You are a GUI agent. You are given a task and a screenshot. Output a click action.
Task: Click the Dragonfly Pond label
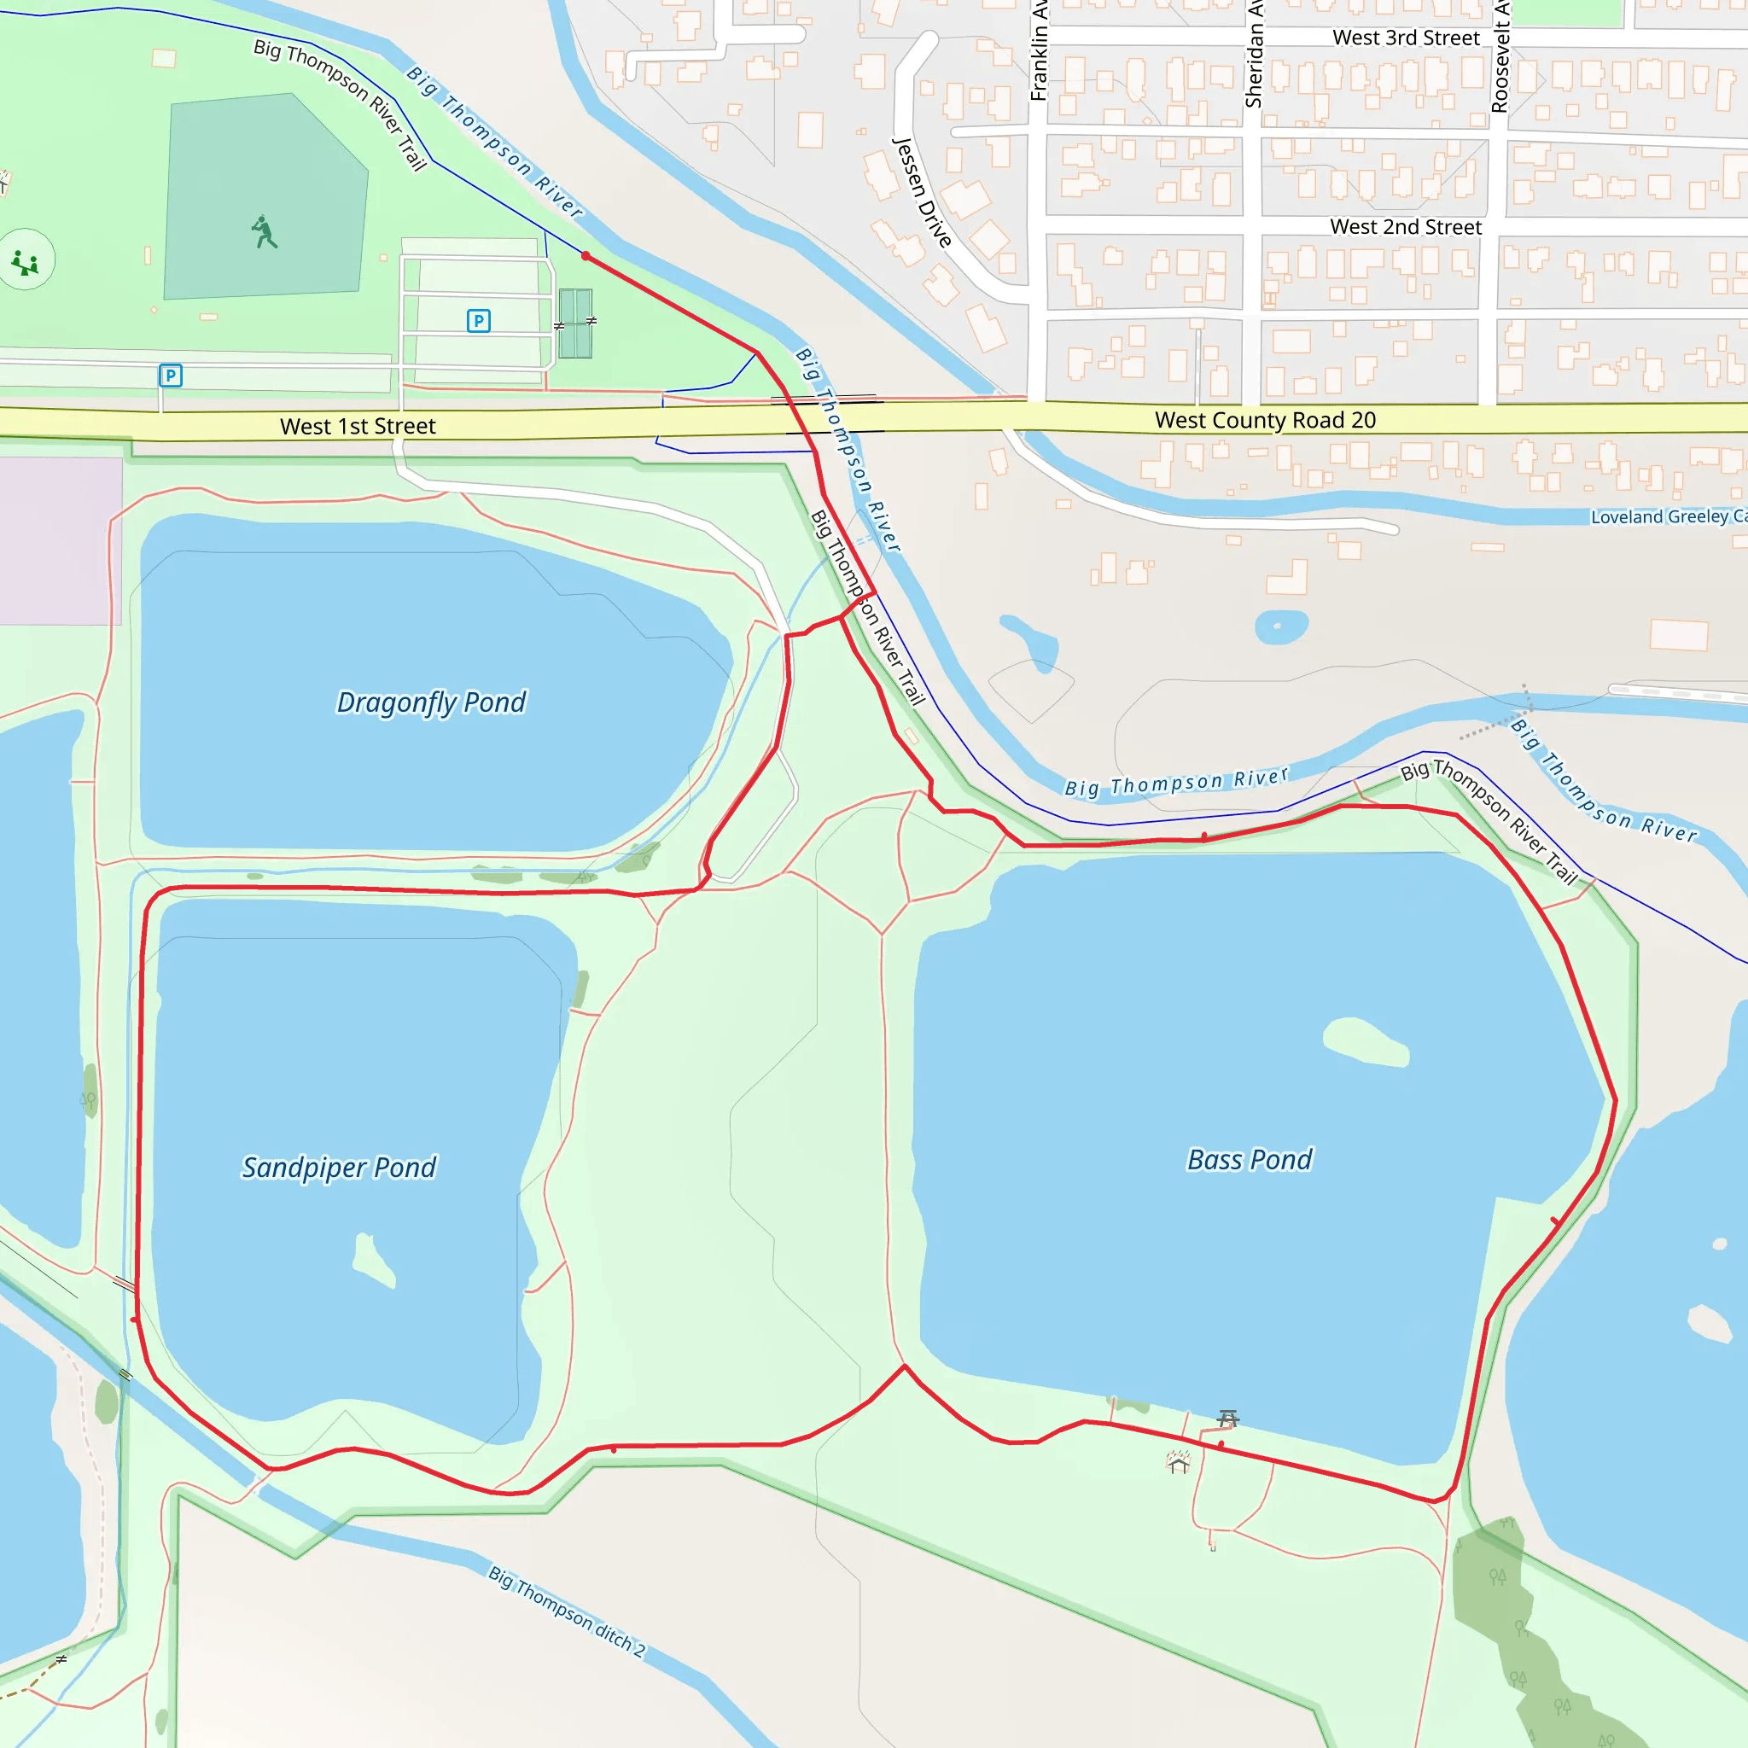(431, 703)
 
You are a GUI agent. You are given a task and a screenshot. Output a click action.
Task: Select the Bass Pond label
(1249, 1160)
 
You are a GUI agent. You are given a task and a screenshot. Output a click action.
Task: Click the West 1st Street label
(358, 426)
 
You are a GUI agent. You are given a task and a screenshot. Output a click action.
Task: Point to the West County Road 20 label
(1265, 421)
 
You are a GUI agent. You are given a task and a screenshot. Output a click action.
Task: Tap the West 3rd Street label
(1406, 38)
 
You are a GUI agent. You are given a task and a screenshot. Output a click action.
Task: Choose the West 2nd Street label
(1405, 227)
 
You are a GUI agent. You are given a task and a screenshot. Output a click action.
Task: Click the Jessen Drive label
(922, 193)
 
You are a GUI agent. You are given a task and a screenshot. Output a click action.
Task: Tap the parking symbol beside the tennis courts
(479, 320)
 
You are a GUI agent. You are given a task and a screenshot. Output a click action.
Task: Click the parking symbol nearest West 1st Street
(170, 376)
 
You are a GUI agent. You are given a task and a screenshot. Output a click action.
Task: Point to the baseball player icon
(265, 232)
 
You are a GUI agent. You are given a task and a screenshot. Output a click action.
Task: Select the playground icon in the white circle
(26, 261)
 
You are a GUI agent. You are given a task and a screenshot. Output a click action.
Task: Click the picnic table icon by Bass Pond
(1227, 1418)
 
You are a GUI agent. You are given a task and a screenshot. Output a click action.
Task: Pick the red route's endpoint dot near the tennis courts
(586, 257)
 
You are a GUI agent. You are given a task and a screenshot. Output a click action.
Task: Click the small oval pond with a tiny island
(1281, 626)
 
